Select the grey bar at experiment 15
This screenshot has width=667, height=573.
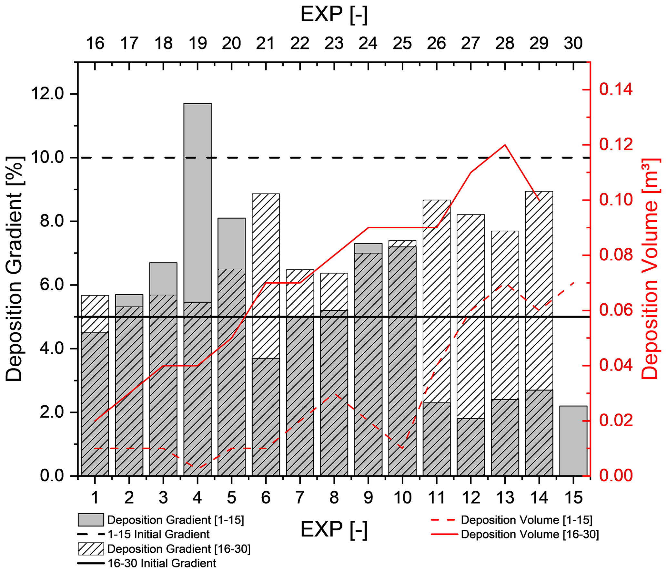pos(573,441)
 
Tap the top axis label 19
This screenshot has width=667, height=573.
pos(197,44)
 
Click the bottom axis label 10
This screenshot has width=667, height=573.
pos(402,498)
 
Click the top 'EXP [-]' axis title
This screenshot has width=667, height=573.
pos(334,15)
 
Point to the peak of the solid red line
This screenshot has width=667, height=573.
pos(505,145)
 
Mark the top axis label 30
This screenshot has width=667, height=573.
pos(573,44)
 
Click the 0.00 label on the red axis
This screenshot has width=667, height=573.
pos(616,475)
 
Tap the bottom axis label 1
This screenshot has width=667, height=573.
pos(95,498)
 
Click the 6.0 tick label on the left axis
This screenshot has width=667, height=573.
pos(52,285)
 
